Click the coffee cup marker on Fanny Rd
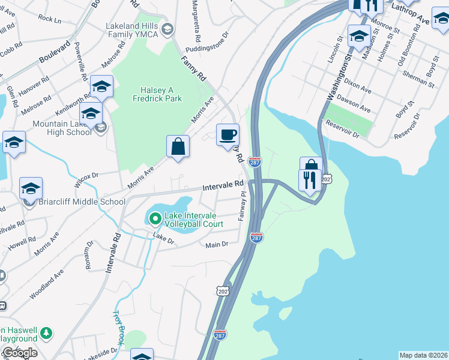click(228, 134)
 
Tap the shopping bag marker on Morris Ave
click(178, 146)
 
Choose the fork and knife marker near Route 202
click(310, 180)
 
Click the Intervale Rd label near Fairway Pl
click(223, 187)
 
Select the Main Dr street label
click(217, 245)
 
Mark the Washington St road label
click(337, 78)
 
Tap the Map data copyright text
click(424, 355)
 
